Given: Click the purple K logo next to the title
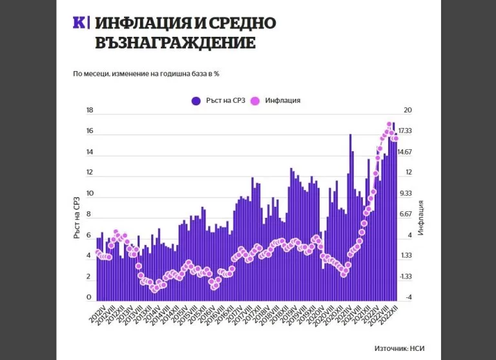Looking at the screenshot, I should (81, 23).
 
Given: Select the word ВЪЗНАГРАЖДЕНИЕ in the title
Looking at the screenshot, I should (174, 43).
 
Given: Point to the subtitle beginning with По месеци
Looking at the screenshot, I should (147, 74).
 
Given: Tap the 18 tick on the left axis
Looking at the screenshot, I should (90, 111).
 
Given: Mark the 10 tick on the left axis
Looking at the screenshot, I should (90, 193).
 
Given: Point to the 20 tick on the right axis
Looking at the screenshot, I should (408, 111).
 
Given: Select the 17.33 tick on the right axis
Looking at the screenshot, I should (405, 131).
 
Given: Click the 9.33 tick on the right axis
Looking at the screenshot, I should (405, 193).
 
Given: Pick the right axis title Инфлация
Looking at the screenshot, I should (420, 217).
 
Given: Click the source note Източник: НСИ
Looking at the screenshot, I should (400, 348).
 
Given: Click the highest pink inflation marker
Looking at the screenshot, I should (389, 124).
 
